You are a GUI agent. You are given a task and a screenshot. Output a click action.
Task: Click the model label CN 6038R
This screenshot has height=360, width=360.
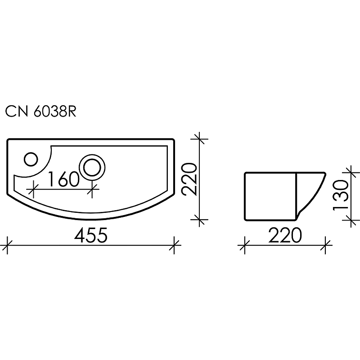click(40, 112)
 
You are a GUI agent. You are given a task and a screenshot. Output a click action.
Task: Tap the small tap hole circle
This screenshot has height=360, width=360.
click(31, 159)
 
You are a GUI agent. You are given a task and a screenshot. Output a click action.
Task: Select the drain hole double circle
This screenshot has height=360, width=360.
click(93, 166)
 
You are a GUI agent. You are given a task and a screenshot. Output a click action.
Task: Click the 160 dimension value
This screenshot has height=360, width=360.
click(63, 179)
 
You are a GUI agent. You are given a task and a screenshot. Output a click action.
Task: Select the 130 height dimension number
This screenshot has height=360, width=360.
click(341, 194)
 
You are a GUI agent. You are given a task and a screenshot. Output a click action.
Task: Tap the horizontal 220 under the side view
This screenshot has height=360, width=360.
click(285, 235)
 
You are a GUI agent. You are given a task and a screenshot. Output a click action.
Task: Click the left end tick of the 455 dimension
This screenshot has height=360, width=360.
click(8, 245)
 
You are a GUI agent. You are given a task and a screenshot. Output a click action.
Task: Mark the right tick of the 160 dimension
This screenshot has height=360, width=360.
click(93, 190)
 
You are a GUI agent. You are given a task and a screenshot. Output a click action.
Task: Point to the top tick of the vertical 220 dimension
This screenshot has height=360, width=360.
click(200, 139)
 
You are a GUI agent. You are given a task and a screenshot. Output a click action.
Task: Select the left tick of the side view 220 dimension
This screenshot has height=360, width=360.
click(244, 245)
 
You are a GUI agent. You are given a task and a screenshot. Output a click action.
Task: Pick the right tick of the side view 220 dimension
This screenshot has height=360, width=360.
click(326, 245)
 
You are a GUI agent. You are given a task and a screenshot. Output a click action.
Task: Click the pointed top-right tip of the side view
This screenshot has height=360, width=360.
click(325, 172)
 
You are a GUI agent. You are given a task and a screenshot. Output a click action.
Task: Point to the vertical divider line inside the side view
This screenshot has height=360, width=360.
click(295, 196)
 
